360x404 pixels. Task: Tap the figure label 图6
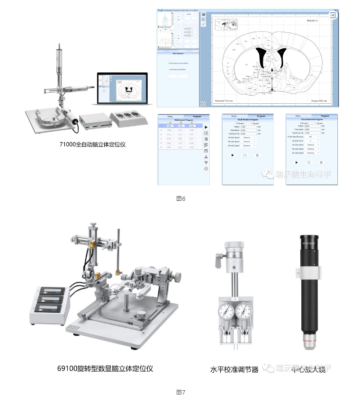[180, 198]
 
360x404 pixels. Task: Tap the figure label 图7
[180, 392]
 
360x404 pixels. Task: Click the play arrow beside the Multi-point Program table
[206, 127]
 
